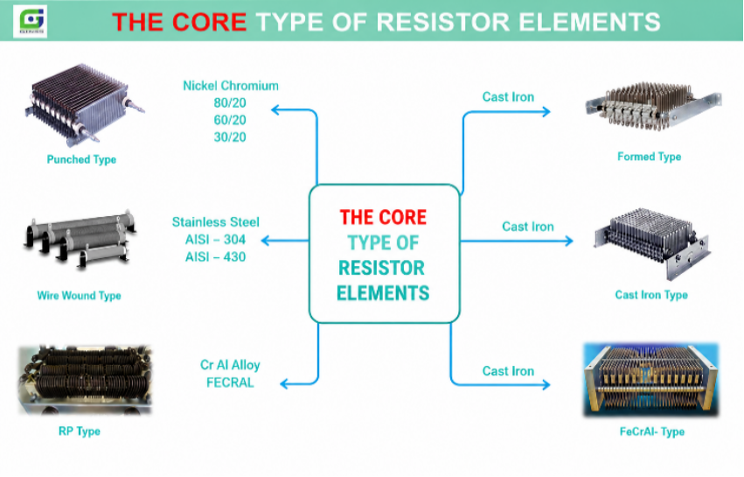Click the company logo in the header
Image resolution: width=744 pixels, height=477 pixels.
(30, 21)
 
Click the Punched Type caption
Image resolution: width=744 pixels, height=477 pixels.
(81, 159)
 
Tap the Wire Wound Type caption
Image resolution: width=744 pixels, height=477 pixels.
(80, 296)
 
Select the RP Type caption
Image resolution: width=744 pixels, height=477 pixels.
(80, 431)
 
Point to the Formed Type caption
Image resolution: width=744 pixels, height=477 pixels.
(649, 157)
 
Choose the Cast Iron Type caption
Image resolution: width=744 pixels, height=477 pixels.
(651, 295)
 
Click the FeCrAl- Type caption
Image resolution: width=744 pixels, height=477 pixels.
(652, 431)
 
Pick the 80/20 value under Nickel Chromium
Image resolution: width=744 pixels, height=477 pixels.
(230, 103)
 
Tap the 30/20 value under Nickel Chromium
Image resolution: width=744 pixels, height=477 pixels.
(230, 137)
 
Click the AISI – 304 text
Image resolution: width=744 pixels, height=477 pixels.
(215, 240)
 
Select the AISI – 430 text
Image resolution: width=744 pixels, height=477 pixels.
(215, 257)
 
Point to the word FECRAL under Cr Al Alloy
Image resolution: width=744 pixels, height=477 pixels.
(230, 382)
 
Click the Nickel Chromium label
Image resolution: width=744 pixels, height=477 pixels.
(231, 86)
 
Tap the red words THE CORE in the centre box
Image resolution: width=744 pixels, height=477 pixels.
(384, 217)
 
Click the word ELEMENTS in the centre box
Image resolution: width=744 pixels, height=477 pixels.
(383, 293)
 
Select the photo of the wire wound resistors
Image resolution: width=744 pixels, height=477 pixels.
(80, 240)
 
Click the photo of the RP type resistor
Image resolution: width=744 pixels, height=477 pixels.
(85, 380)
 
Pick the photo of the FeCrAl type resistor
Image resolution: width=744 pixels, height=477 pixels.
(651, 380)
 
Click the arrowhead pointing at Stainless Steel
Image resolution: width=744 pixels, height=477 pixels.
(266, 241)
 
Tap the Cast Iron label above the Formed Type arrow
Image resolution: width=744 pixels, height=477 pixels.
(508, 97)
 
